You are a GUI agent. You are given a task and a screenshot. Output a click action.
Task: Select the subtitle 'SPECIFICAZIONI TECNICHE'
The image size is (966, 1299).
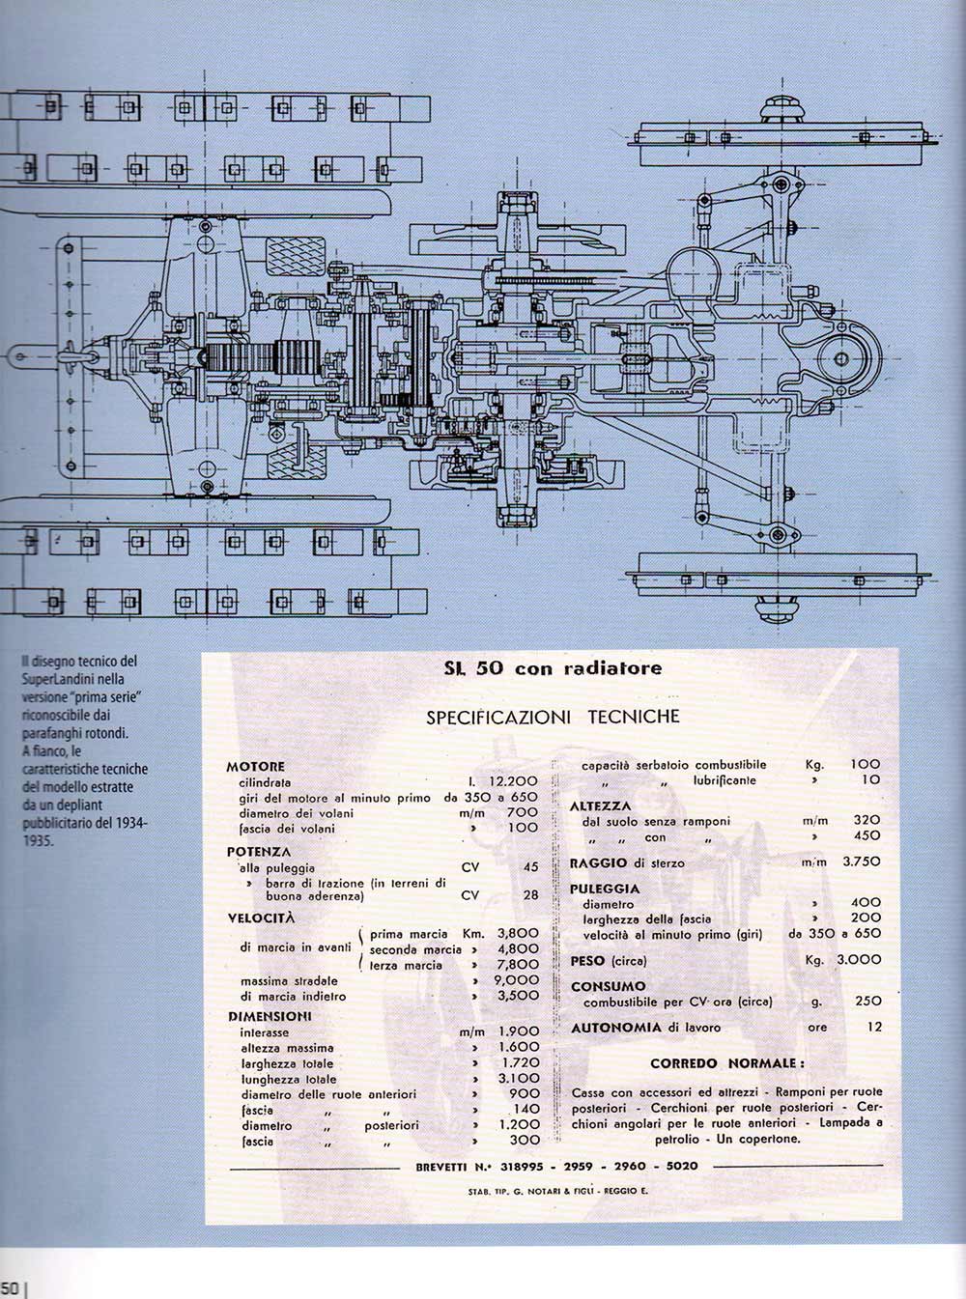point(553,717)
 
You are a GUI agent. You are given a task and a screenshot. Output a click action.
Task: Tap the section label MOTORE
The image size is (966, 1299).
point(256,767)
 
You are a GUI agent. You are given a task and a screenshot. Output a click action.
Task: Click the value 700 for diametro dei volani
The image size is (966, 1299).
point(522,813)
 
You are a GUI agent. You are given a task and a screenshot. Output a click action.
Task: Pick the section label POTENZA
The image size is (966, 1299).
point(259,852)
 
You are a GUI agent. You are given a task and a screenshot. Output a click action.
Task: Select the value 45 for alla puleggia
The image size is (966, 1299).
point(530,867)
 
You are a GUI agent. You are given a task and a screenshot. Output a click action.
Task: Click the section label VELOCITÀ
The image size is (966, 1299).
point(262,918)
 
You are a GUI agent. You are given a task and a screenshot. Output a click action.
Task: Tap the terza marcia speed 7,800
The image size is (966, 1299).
point(518,965)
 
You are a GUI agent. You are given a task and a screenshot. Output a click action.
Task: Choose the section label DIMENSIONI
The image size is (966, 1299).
point(270,1016)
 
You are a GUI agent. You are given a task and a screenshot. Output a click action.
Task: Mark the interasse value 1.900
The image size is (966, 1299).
point(518,1031)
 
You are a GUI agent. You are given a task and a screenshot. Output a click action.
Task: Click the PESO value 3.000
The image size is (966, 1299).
point(860,960)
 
